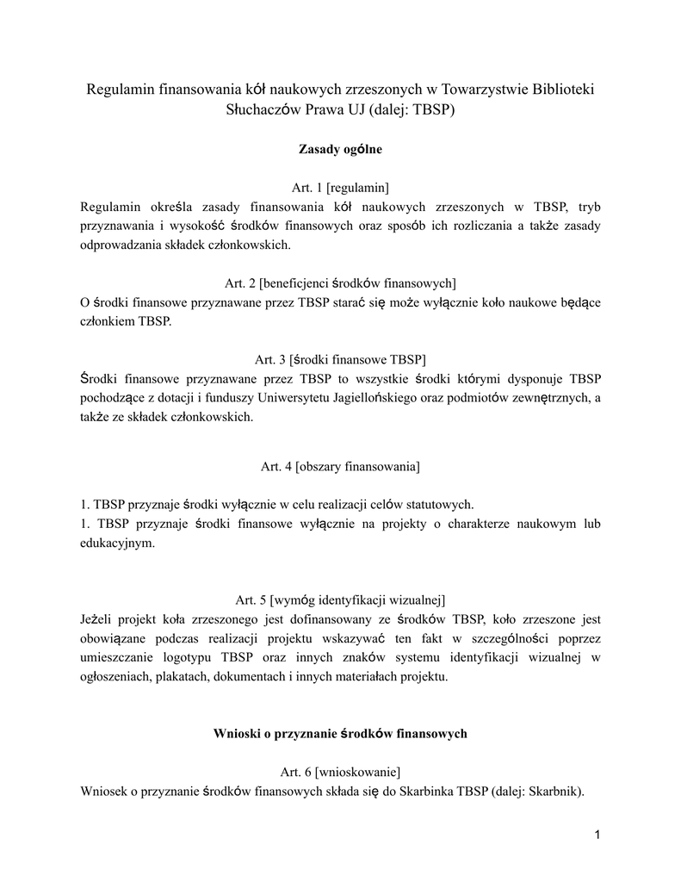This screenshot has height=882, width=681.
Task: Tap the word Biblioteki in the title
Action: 560,90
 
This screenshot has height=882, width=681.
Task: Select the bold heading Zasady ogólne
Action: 340,150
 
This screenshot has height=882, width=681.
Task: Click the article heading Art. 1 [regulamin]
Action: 340,188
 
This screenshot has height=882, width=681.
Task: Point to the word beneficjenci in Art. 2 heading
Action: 294,282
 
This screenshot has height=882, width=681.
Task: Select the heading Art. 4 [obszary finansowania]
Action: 340,467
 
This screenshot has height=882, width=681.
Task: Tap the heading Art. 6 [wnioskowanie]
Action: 340,772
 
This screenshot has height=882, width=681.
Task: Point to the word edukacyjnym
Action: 116,543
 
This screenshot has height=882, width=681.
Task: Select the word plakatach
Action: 176,677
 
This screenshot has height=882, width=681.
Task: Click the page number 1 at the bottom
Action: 597,835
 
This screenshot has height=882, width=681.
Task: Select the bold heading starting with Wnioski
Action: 340,734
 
